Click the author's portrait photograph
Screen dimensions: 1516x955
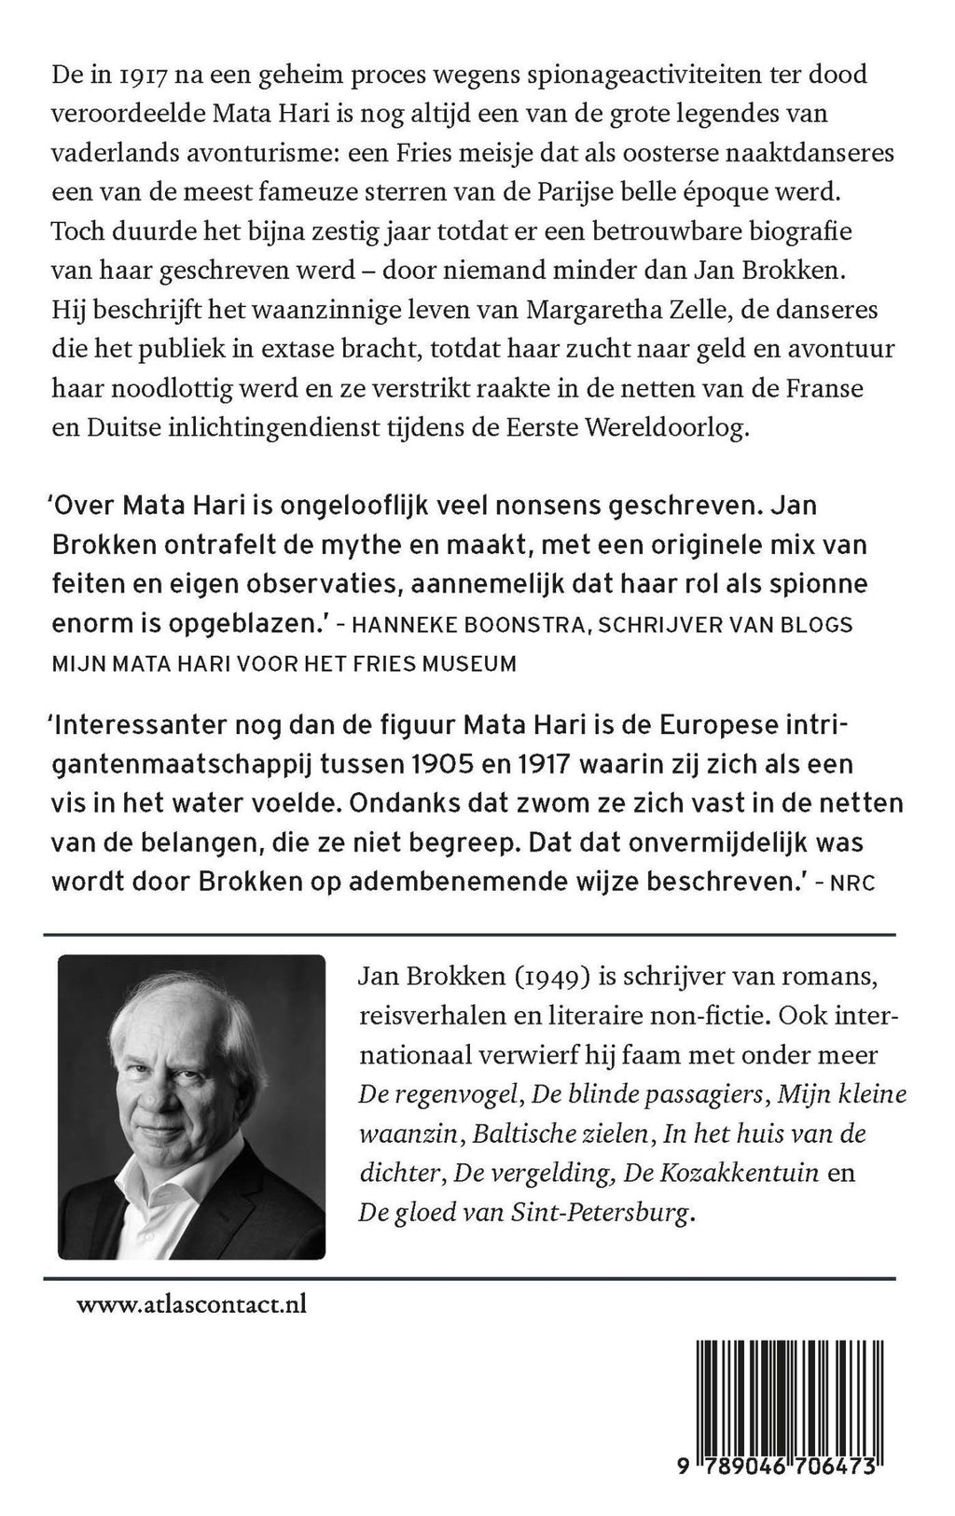coord(191,1106)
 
